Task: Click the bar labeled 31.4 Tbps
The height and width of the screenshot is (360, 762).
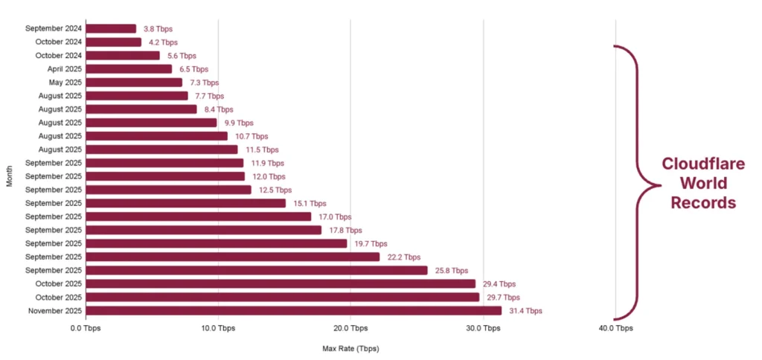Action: coord(294,311)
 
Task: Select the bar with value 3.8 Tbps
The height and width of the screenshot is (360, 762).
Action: coord(111,29)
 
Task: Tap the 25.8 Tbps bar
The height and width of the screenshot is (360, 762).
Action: coord(257,271)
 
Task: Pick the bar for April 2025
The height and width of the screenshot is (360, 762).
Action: coord(129,69)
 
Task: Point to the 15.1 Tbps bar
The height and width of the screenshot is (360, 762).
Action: coord(186,203)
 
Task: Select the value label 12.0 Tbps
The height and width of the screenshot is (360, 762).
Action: coord(267,177)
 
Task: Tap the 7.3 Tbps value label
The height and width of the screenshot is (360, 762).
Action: coord(203,83)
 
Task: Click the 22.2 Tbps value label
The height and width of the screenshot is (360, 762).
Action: coord(401,257)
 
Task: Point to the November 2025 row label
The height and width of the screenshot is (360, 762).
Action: coord(54,311)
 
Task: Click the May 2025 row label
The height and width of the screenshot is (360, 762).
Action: coord(63,83)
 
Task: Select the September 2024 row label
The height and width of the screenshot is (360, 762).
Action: coord(53,29)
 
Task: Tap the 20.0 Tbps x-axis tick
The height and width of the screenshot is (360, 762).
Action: coord(350,328)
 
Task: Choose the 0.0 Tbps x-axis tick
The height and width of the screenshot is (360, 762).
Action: coord(86,328)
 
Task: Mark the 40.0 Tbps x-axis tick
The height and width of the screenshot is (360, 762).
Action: coord(615,328)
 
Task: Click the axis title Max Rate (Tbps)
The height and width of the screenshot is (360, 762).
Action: coord(350,348)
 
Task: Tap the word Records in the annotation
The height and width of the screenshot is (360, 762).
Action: coord(703,202)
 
